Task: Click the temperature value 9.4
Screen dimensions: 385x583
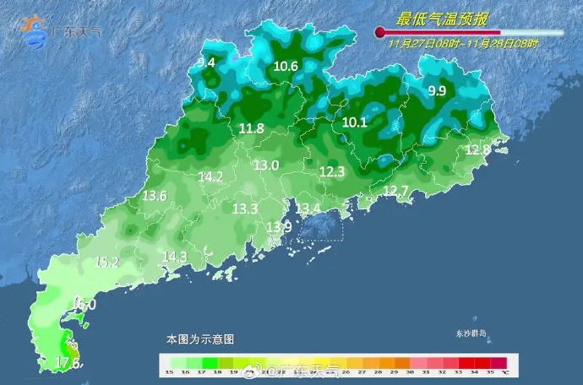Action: point(206,62)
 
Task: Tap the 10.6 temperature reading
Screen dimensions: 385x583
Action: point(286,67)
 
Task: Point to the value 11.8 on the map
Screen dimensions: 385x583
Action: point(252,128)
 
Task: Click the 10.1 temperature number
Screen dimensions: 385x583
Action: point(355,122)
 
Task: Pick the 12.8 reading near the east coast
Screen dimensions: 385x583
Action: point(477,149)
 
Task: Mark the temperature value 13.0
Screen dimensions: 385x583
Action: point(266,165)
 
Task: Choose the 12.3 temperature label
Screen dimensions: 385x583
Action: point(332,171)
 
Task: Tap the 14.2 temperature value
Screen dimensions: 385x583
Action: point(210,177)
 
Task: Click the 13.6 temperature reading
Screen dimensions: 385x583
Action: point(154,196)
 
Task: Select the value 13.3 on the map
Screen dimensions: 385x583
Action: point(245,208)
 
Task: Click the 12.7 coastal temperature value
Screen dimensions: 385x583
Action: point(395,191)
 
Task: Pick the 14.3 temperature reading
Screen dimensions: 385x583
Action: point(174,257)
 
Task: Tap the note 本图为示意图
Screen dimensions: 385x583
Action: point(200,339)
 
